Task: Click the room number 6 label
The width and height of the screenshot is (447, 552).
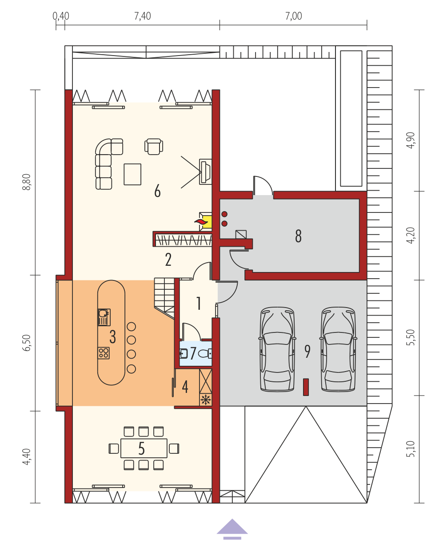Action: pyautogui.click(x=157, y=191)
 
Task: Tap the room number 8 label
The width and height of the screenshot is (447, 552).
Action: pyautogui.click(x=298, y=236)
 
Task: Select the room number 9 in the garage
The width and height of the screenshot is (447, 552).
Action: pyautogui.click(x=307, y=352)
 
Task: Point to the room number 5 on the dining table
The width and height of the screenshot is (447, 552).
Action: pyautogui.click(x=141, y=448)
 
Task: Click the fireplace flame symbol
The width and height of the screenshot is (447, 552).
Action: pyautogui.click(x=201, y=222)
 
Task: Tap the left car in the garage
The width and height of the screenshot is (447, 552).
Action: pyautogui.click(x=277, y=349)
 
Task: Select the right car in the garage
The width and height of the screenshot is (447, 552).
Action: pyautogui.click(x=338, y=349)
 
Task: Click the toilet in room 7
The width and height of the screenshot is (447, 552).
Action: pyautogui.click(x=205, y=353)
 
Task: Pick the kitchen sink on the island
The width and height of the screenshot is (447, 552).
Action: pyautogui.click(x=104, y=317)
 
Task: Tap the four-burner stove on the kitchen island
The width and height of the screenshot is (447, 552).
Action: pyautogui.click(x=104, y=353)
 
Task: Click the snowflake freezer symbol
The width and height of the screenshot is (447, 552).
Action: pyautogui.click(x=205, y=400)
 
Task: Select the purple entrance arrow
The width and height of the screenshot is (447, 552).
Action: pyautogui.click(x=232, y=529)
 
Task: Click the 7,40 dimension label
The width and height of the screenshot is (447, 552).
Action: pyautogui.click(x=142, y=16)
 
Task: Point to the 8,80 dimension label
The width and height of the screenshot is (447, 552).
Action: pyautogui.click(x=27, y=182)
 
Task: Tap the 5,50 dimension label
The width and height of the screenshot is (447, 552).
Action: pyautogui.click(x=411, y=337)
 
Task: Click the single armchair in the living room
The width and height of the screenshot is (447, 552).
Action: pyautogui.click(x=154, y=146)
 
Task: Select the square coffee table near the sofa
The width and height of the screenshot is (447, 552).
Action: pyautogui.click(x=132, y=174)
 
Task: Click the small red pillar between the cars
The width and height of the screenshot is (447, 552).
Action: pyautogui.click(x=306, y=387)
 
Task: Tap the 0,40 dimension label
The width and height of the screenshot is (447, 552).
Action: pyautogui.click(x=61, y=16)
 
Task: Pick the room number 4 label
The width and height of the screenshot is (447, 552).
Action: pyautogui.click(x=185, y=387)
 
